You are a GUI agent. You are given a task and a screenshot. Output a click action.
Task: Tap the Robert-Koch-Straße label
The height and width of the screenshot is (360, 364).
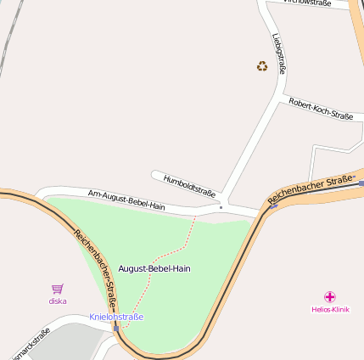320,109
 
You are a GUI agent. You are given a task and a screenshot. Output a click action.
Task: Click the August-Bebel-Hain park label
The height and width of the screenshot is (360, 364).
154,268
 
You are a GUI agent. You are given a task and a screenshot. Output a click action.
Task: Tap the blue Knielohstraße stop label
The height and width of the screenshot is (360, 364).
116,317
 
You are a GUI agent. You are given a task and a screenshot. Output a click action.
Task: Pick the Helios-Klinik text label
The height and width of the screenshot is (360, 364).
330,310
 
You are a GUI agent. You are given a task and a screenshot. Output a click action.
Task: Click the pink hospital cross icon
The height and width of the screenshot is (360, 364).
330,297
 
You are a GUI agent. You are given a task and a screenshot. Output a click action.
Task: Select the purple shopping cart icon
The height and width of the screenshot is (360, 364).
58,290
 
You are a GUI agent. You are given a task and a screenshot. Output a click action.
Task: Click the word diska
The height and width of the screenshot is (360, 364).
58,301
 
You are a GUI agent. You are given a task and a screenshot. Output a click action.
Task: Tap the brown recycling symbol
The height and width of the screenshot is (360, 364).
262,65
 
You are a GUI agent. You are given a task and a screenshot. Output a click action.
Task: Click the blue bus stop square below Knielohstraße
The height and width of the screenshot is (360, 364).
116,327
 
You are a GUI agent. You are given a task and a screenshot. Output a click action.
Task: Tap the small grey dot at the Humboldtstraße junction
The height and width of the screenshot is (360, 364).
221,206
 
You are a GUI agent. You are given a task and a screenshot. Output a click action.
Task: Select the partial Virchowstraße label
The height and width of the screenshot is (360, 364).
307,3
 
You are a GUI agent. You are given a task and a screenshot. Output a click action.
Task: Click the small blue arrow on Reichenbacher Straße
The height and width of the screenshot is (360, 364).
272,205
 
